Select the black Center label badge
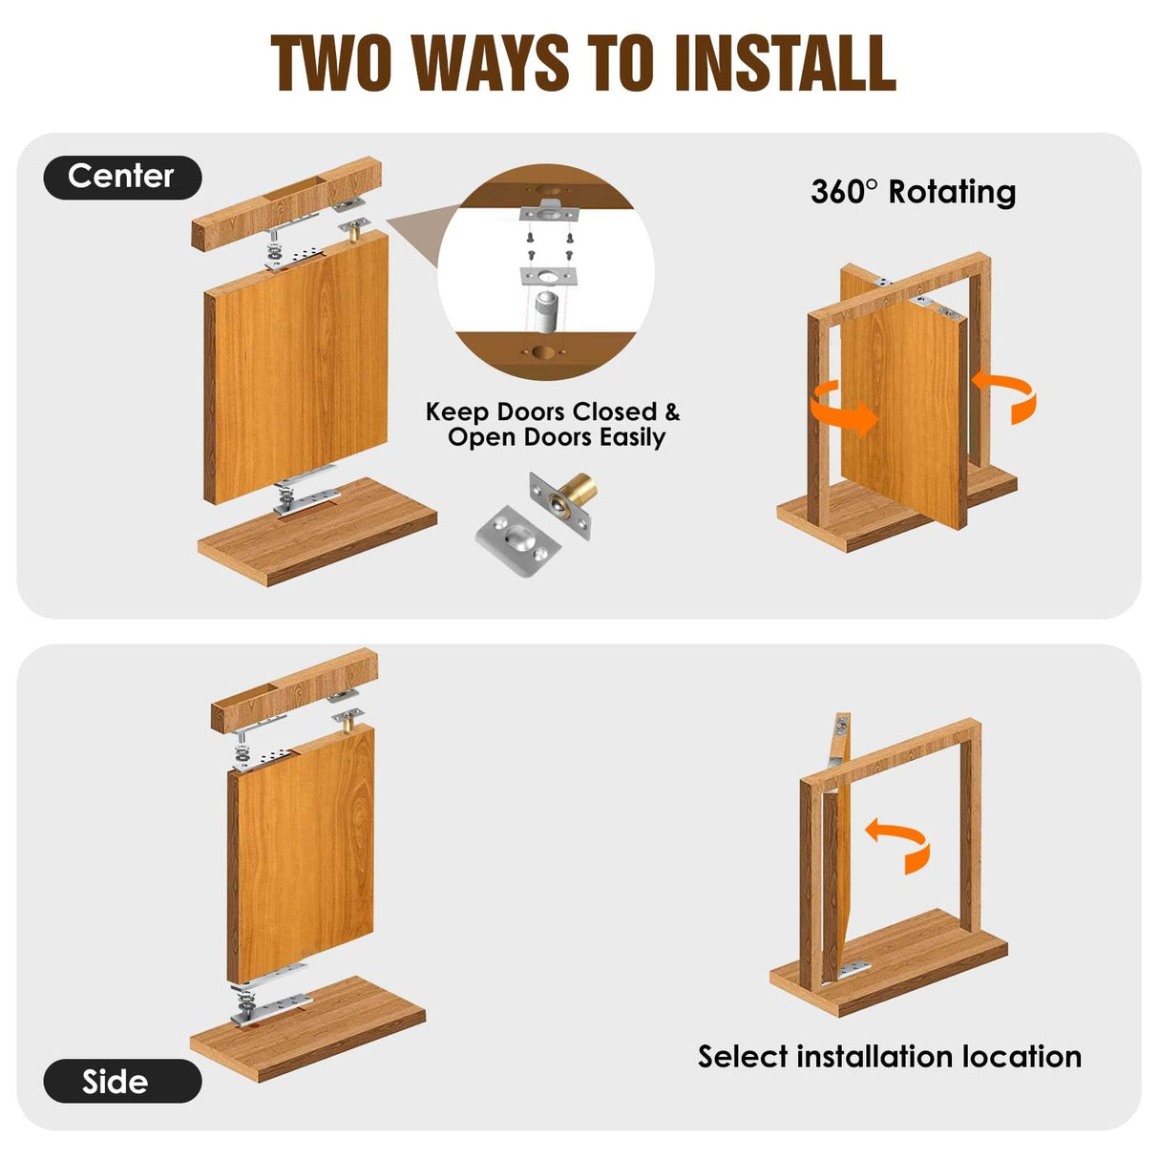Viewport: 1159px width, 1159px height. click(122, 177)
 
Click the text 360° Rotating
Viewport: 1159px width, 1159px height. click(913, 192)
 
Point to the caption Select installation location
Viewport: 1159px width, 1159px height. click(889, 1057)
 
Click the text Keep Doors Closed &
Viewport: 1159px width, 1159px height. click(552, 411)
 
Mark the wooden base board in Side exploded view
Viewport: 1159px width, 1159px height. click(307, 1029)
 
